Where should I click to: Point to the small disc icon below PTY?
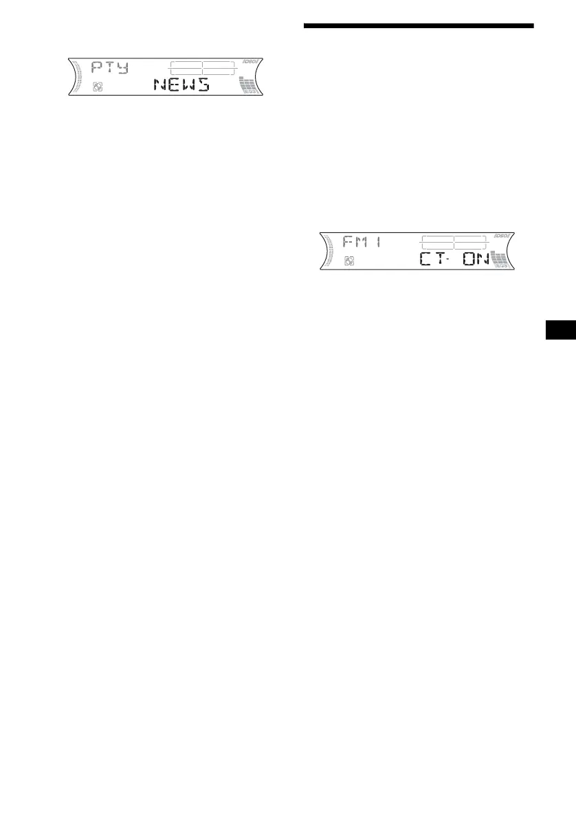tap(97, 89)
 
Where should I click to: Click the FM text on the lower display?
tap(353, 242)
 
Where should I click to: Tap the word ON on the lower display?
tap(474, 260)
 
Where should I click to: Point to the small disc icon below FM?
tap(349, 262)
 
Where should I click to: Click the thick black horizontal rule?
tap(419, 26)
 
